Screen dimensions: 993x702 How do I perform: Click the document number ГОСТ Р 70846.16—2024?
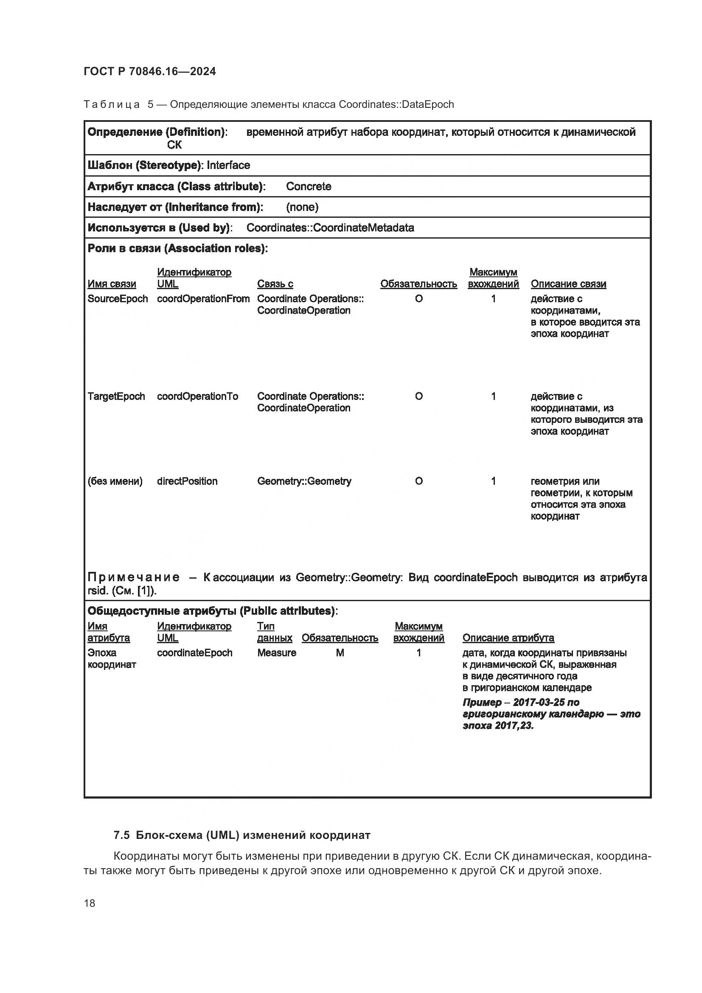149,71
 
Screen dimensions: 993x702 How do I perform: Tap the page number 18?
90,903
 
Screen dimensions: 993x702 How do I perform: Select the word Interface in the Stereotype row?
228,165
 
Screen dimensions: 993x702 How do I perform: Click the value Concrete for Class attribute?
309,186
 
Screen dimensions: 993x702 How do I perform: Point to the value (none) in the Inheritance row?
302,207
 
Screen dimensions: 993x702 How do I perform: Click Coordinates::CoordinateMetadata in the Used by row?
330,228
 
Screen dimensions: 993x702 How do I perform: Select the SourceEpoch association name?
118,299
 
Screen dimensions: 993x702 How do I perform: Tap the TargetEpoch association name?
116,397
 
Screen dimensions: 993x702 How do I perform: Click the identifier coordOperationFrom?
203,299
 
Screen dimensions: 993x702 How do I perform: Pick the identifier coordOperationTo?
197,397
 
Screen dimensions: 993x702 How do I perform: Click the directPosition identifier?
187,481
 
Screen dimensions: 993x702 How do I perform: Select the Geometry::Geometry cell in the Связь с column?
304,481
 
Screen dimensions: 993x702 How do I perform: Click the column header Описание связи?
568,284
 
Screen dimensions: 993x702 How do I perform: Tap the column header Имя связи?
112,284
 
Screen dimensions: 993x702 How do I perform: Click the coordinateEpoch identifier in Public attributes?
194,653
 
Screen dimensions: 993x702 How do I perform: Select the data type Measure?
277,653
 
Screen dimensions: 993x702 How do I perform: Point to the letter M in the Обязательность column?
340,653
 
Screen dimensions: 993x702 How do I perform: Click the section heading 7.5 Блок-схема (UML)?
241,835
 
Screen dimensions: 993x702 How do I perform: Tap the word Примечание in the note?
134,577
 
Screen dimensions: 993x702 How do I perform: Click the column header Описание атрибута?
508,638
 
